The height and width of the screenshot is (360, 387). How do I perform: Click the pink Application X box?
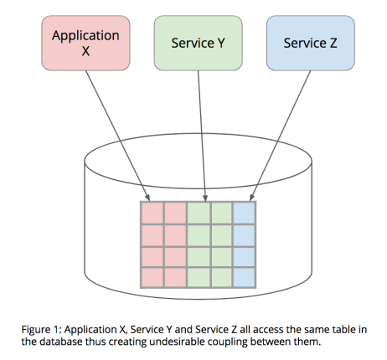(x=85, y=44)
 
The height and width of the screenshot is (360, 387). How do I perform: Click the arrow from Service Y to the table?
(x=202, y=134)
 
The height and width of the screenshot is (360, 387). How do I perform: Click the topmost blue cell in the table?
(x=244, y=213)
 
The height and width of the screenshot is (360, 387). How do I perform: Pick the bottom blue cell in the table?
(x=244, y=275)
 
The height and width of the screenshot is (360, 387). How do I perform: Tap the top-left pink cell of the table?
(x=152, y=213)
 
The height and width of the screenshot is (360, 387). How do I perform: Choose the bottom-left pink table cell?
(x=152, y=275)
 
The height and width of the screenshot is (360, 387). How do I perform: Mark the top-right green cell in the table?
(x=221, y=213)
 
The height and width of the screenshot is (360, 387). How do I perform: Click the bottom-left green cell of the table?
(x=198, y=275)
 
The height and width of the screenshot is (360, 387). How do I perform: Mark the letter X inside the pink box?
(x=85, y=52)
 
